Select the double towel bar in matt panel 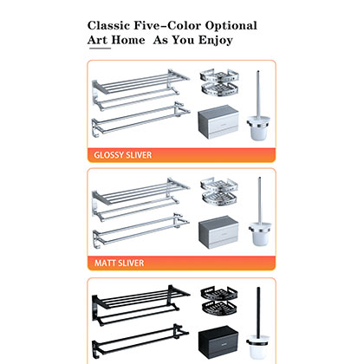click(139, 224)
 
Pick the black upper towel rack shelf click(139, 298)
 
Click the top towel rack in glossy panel click(139, 85)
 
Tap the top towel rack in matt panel click(139, 191)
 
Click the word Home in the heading click(133, 41)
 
